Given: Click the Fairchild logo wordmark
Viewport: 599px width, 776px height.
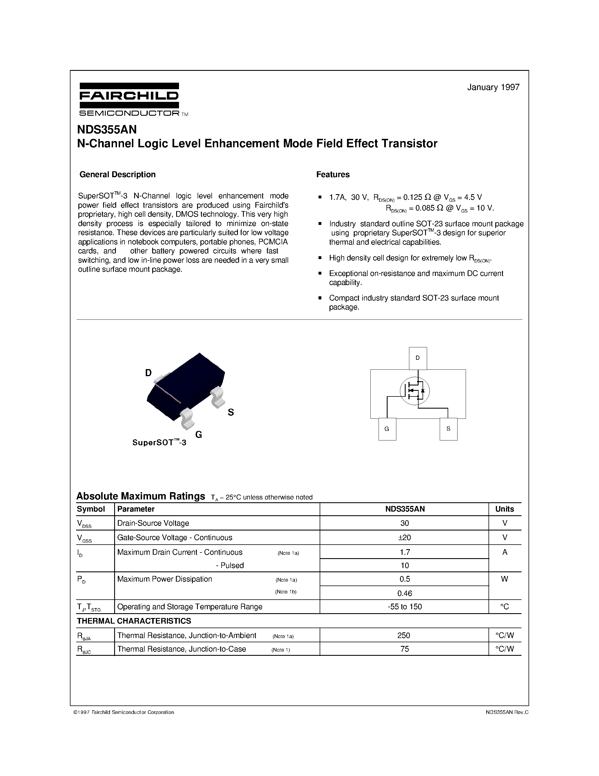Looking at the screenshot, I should (x=129, y=96).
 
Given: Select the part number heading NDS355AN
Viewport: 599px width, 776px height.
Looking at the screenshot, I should (x=107, y=129).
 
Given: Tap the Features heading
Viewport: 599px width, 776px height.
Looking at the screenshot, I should (x=333, y=174).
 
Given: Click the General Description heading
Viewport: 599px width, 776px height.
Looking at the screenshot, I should (x=118, y=174).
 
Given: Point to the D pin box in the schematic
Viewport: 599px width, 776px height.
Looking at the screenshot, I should (x=418, y=358).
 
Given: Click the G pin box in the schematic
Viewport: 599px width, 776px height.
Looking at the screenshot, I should (x=387, y=429).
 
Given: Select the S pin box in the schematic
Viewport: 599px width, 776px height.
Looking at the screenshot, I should (x=448, y=429).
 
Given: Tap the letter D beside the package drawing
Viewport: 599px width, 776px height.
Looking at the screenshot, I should (x=148, y=373).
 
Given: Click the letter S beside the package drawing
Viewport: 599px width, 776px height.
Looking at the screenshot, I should (x=231, y=412).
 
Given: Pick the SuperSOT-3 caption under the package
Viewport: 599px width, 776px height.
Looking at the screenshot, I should (x=159, y=442).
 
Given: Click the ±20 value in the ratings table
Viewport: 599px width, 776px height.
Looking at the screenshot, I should (x=404, y=538).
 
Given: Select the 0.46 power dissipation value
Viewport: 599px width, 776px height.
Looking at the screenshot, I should (x=404, y=593).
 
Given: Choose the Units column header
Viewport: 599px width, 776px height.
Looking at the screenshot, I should (x=504, y=509).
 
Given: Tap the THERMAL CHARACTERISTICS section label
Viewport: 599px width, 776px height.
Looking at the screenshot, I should (x=134, y=621).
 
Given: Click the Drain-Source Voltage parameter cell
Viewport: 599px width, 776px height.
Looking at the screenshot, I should (x=153, y=523).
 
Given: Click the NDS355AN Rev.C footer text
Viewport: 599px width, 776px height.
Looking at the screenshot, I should (x=507, y=712).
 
